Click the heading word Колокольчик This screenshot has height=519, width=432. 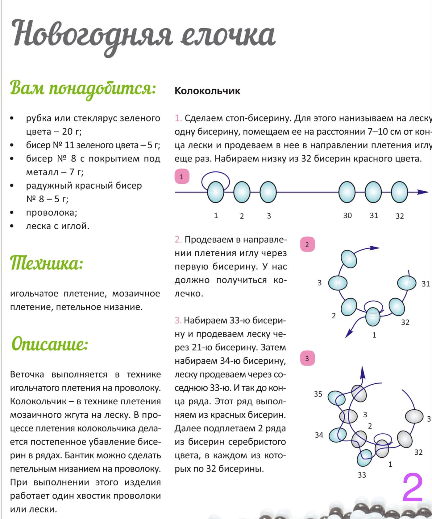207,91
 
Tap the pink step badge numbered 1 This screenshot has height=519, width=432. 182,177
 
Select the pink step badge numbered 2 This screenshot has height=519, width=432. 307,244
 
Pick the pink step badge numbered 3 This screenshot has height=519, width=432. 307,358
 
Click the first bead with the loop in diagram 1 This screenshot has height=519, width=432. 215,192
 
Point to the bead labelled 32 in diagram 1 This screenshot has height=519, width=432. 399,192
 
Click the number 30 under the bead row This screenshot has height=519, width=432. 347,215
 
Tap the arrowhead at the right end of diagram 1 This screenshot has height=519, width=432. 423,192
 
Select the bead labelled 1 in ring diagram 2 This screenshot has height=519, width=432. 373,317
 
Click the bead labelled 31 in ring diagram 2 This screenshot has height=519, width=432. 407,283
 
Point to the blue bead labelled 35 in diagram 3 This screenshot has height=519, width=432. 336,398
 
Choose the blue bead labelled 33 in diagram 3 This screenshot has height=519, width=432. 365,458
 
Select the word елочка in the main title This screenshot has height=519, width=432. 228,35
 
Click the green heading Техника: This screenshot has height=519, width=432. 46,264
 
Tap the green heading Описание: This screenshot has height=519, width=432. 50,344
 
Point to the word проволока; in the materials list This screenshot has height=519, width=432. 52,213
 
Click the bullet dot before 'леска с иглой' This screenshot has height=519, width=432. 12,226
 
